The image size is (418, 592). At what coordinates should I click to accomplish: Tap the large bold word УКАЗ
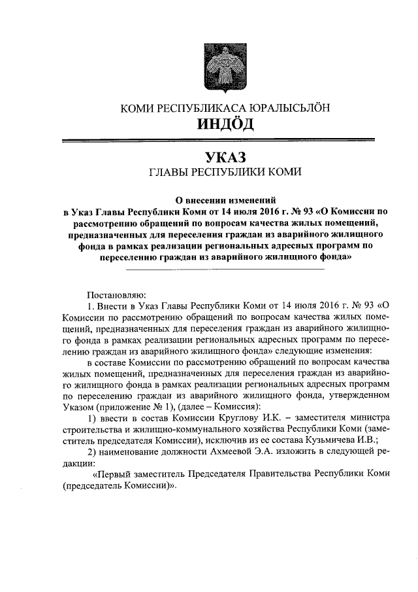pyautogui.click(x=221, y=158)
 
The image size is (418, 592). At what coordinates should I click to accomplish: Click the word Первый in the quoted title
pyautogui.click(x=116, y=474)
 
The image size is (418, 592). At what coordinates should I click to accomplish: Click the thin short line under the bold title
pyautogui.click(x=225, y=269)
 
